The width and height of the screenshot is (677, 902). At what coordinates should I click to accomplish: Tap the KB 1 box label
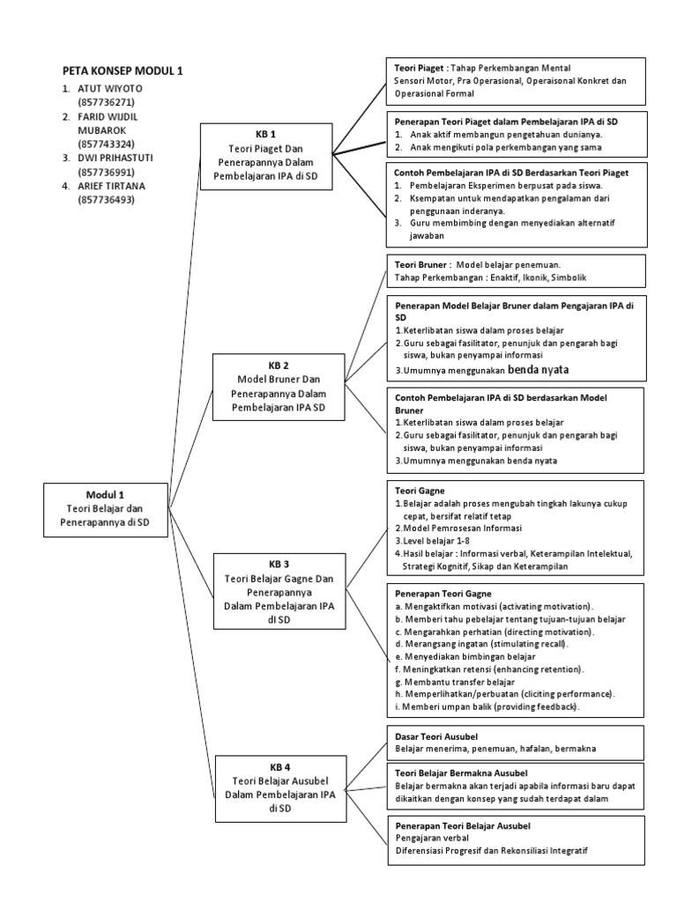point(265,135)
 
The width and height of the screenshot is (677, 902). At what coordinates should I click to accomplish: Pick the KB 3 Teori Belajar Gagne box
point(279,587)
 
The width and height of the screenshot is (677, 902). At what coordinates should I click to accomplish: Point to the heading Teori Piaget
point(419,68)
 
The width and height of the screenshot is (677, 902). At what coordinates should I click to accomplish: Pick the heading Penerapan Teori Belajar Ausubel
point(462,826)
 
